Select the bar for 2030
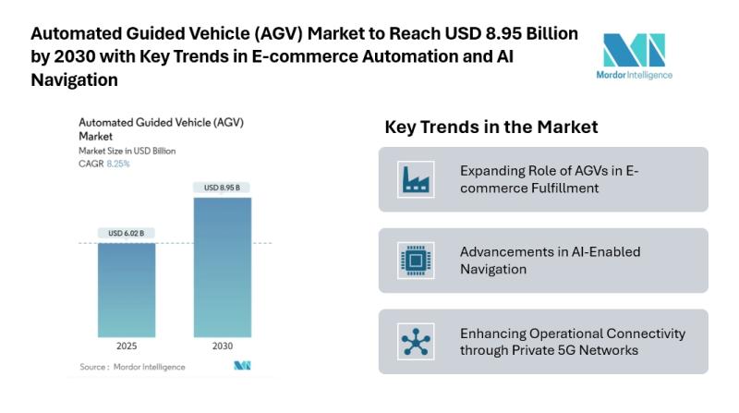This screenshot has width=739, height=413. point(222,267)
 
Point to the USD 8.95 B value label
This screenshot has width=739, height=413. point(222,188)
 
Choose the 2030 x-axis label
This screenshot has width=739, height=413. point(222,348)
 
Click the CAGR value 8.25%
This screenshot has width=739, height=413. point(117,164)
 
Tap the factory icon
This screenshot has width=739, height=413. point(412,179)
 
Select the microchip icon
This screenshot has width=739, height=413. point(412,260)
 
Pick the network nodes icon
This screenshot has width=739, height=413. point(412,341)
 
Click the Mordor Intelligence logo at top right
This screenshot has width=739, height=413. point(634,55)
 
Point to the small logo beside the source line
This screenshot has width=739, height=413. point(242,367)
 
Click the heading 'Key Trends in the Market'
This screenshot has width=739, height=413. point(491,127)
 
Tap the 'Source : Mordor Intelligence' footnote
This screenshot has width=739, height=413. point(132,367)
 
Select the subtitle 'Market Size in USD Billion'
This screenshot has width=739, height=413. point(127,150)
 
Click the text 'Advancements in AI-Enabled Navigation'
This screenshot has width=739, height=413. point(550,261)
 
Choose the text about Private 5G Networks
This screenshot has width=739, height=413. point(573,341)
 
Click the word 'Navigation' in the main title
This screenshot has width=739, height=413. point(75,80)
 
